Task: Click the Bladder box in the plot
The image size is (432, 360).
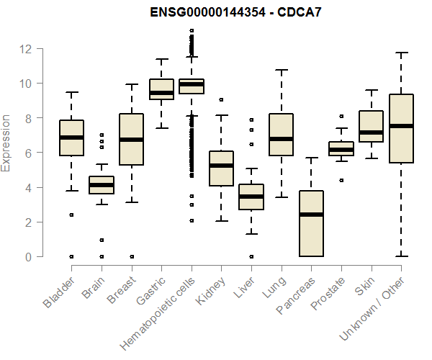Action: [x=71, y=138]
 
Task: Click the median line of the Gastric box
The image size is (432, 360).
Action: [x=161, y=93]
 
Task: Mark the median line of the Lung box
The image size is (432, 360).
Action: [x=282, y=138]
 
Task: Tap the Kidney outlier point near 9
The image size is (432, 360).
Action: [x=222, y=99]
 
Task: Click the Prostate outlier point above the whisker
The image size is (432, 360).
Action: [x=341, y=116]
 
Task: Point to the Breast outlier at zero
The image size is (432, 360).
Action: [x=131, y=256]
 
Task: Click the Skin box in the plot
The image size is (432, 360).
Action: [x=372, y=127]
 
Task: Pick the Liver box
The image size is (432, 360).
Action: [x=251, y=197]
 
